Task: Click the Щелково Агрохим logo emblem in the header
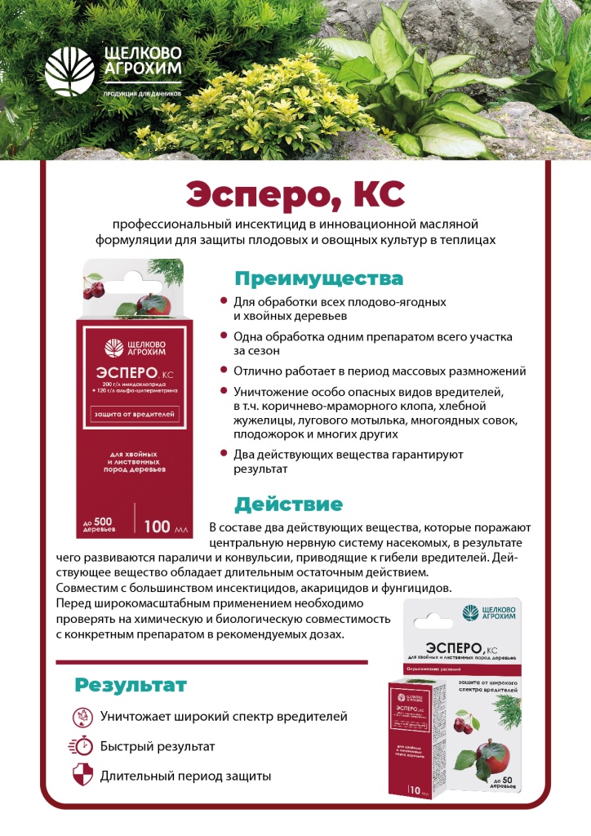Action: click(x=71, y=71)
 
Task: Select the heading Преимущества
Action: click(x=319, y=278)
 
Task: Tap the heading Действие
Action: click(x=289, y=504)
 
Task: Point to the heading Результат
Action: click(x=131, y=684)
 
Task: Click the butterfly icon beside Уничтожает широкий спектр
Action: click(x=82, y=716)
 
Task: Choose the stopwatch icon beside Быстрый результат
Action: click(x=82, y=746)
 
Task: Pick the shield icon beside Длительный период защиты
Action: click(x=82, y=776)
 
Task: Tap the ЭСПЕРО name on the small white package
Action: click(x=445, y=644)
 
